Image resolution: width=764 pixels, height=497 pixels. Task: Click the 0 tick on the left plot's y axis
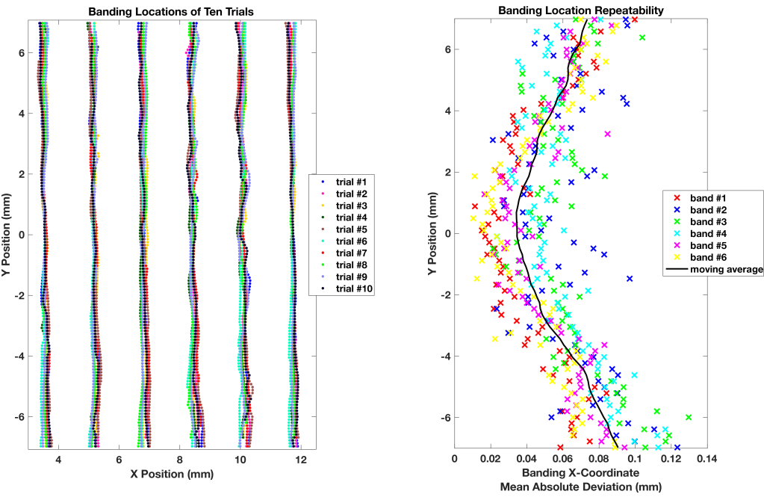click(23, 234)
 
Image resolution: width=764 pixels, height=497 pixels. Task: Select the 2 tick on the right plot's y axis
click(447, 172)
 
